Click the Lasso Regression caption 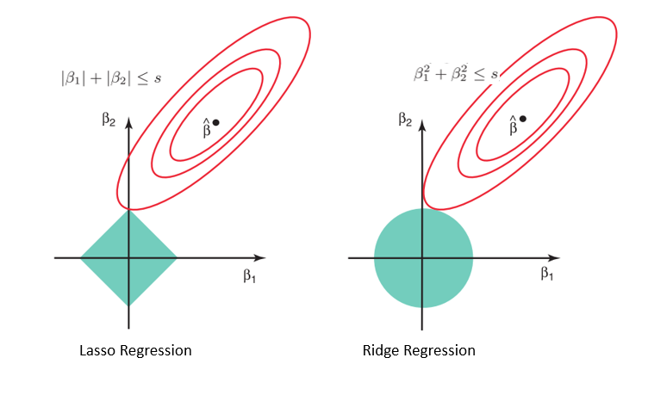point(134,351)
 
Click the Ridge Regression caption point(420,351)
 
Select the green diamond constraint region point(128,257)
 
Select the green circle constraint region point(423,257)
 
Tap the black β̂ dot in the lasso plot point(215,122)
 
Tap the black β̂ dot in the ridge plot point(523,118)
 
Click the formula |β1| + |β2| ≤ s point(106,78)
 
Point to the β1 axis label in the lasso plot point(250,276)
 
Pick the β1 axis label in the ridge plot point(546,274)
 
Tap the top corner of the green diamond point(128,211)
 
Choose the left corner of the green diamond point(81,257)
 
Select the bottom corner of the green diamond point(128,305)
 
